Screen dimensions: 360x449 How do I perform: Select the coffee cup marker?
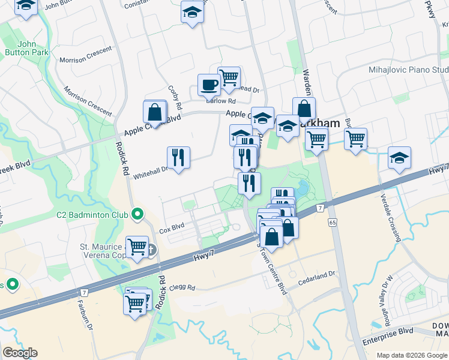[x=209, y=85]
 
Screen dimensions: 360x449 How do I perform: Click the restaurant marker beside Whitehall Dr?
[x=178, y=158]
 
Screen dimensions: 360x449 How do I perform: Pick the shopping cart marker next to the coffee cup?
[x=229, y=78]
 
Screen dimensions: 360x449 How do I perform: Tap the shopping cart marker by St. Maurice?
[x=137, y=247]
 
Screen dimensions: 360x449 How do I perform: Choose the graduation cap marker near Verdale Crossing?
[x=399, y=158]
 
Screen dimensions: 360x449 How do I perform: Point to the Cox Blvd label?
[x=171, y=229]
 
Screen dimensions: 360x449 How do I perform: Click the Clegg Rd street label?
[x=182, y=287]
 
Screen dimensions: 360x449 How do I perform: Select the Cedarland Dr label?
[x=320, y=276]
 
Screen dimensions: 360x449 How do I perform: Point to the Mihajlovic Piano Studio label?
[x=408, y=70]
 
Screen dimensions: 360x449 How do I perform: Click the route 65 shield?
[x=331, y=223]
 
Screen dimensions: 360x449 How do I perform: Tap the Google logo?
[x=20, y=352]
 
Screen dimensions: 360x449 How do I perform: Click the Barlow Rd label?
[x=215, y=101]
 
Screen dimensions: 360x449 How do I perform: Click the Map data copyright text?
[x=411, y=355]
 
